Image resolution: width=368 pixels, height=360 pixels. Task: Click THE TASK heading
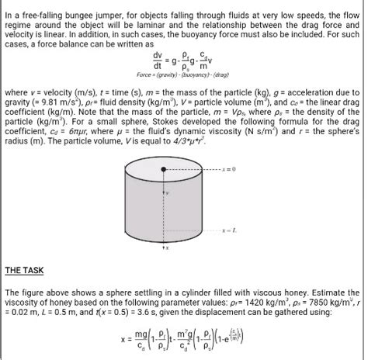click(x=24, y=271)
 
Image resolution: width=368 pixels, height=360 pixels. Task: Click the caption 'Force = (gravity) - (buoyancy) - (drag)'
click(x=184, y=74)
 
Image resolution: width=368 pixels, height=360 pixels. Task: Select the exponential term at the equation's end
click(x=231, y=340)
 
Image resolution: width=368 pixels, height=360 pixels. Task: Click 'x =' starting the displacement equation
click(x=124, y=340)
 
